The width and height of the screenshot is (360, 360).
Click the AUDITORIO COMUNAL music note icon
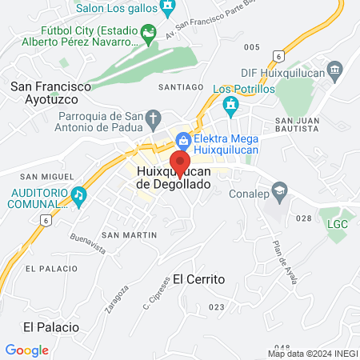click(x=78, y=194)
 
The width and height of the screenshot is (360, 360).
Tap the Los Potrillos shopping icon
click(x=230, y=103)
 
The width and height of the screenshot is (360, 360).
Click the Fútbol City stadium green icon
click(x=147, y=34)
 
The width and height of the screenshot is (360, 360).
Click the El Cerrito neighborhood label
click(x=198, y=279)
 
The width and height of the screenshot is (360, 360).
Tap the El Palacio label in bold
click(x=50, y=326)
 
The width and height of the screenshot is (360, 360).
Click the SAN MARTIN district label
click(x=129, y=234)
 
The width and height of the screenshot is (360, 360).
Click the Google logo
click(x=27, y=350)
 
